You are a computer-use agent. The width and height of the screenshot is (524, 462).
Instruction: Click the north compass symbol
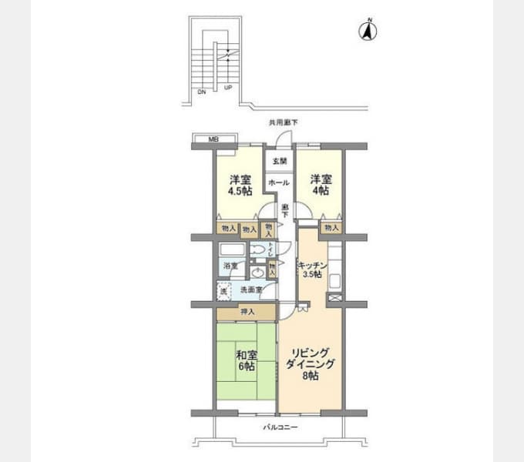368,31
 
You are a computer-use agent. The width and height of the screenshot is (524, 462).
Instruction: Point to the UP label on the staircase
227,87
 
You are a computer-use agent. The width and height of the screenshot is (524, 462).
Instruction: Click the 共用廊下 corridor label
283,122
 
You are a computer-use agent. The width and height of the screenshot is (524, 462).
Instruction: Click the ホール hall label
279,182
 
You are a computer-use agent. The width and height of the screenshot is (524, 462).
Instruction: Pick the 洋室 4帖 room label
321,186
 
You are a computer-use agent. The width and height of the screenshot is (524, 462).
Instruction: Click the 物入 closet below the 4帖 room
331,228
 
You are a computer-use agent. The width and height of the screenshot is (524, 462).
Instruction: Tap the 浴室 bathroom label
229,266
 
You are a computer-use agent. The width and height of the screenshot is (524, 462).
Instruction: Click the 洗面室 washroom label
251,290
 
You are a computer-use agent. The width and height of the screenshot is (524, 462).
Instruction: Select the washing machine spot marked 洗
223,290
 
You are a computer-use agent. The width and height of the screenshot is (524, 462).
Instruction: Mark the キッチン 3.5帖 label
313,270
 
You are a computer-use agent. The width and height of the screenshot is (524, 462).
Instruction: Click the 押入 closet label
247,312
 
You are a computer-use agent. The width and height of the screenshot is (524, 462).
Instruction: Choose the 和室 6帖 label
246,362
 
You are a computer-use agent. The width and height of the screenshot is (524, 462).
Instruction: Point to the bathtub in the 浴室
231,250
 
